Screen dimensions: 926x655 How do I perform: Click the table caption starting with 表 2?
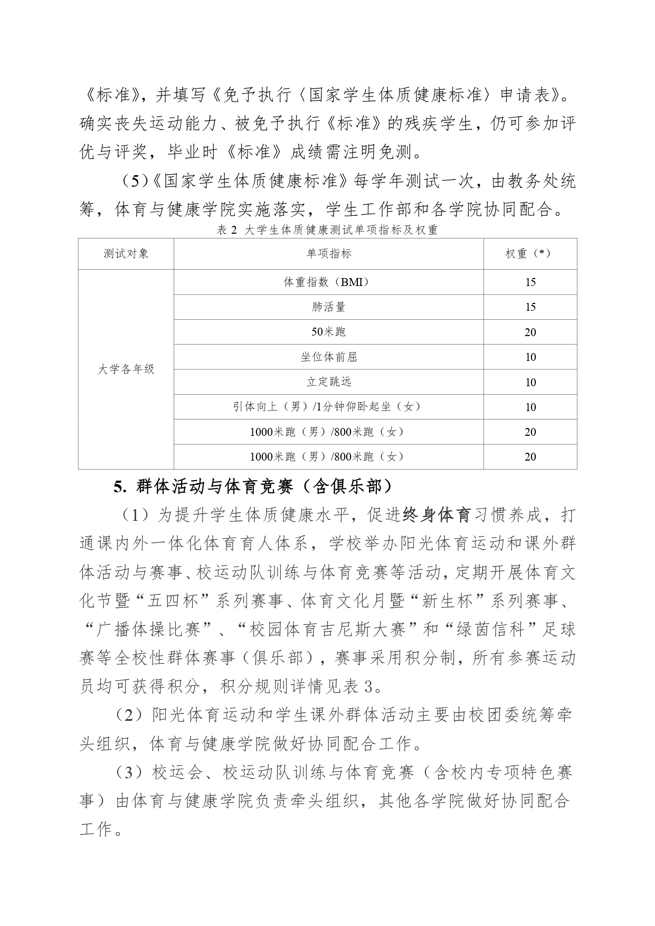click(x=327, y=230)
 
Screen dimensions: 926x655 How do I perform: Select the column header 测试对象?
click(x=126, y=254)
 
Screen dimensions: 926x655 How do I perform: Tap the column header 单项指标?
click(x=329, y=254)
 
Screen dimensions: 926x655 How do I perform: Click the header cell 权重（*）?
click(x=530, y=254)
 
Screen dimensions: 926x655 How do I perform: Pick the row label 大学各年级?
click(x=126, y=369)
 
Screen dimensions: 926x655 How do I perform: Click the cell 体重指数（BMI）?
click(x=329, y=282)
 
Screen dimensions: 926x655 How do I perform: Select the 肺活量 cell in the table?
click(x=329, y=307)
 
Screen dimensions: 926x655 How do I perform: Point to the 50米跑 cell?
click(x=329, y=332)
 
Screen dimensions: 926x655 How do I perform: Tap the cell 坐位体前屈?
click(x=329, y=357)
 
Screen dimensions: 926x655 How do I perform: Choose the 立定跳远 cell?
click(x=329, y=382)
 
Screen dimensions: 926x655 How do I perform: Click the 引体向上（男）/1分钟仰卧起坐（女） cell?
click(x=329, y=407)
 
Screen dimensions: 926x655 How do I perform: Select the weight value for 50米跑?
click(x=530, y=332)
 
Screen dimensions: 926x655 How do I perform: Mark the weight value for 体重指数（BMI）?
click(x=530, y=282)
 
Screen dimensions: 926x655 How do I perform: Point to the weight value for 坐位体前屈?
click(x=530, y=357)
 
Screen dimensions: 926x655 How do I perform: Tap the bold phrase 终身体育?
click(x=436, y=515)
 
